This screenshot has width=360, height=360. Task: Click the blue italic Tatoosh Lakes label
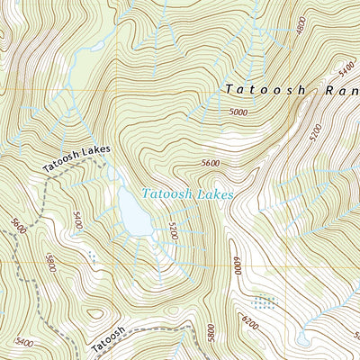(x=185, y=193)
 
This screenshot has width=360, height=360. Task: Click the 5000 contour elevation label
(x=237, y=112)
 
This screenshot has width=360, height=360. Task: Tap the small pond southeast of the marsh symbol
(x=302, y=339)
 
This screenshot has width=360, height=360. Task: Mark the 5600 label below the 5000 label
(x=211, y=163)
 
